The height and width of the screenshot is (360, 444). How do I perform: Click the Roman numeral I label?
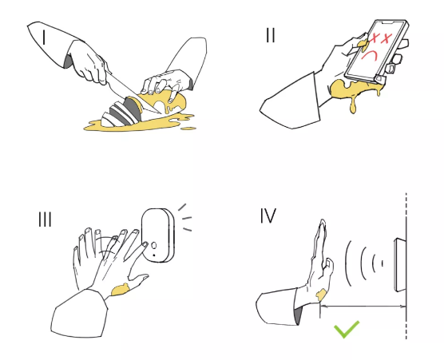[44, 38]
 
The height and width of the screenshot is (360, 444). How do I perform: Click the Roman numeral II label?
[271, 35]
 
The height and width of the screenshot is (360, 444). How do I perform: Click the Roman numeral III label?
[45, 220]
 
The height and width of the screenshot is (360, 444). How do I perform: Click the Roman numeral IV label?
[268, 216]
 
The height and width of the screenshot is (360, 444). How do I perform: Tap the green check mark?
[347, 330]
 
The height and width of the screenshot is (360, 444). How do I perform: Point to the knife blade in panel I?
[132, 93]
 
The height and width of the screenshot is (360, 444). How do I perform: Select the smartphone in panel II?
[376, 51]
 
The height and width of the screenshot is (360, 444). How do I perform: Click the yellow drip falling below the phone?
[353, 105]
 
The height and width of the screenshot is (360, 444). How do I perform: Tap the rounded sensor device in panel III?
[158, 235]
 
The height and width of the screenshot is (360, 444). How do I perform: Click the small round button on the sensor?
[154, 245]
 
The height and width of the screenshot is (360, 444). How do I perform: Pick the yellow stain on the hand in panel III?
[121, 290]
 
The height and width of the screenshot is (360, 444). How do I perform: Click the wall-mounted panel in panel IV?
[400, 265]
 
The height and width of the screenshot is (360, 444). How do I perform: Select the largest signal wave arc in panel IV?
[347, 263]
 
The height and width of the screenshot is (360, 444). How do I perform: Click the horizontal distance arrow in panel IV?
[363, 306]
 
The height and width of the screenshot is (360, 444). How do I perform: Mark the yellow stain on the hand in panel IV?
[321, 295]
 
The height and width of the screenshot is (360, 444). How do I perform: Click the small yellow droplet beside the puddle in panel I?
[188, 129]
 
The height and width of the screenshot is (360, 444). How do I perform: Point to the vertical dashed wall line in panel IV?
[406, 266]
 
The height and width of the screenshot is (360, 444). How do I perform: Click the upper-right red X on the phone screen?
[387, 38]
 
